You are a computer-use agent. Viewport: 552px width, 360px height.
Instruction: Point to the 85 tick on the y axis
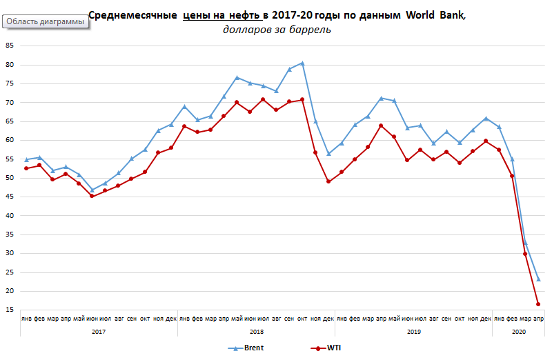[9, 46]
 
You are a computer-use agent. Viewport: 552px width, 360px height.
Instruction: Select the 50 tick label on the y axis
[9, 178]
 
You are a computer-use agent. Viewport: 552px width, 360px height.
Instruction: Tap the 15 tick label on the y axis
[9, 310]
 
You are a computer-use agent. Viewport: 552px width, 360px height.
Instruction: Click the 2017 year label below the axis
[98, 332]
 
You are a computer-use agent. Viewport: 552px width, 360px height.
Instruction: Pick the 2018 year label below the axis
[255, 332]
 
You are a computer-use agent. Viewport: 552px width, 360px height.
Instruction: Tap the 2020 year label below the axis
[517, 332]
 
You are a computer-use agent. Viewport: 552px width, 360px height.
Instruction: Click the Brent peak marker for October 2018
[302, 63]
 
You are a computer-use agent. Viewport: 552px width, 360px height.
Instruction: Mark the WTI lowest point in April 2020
[538, 304]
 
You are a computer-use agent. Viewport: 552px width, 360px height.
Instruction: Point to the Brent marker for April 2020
[538, 279]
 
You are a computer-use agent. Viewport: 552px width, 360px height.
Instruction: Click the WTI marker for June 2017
[92, 196]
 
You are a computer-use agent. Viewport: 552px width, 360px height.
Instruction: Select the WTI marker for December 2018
[328, 181]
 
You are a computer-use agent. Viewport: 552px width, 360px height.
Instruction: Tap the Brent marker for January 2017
[26, 159]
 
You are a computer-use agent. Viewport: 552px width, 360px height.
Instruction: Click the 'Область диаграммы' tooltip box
[46, 21]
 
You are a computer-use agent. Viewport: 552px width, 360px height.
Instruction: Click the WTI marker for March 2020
[525, 254]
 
